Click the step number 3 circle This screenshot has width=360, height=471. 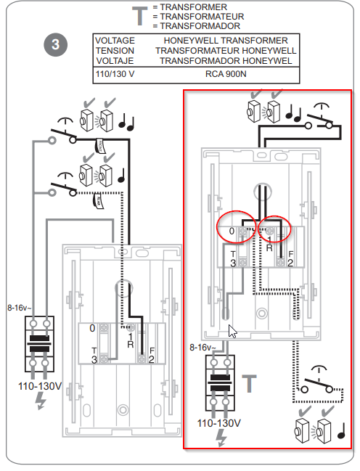[55, 45]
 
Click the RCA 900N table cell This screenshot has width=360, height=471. [226, 74]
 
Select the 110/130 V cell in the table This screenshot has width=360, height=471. [115, 74]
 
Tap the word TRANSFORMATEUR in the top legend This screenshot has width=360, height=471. [202, 17]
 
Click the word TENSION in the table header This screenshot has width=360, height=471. [115, 51]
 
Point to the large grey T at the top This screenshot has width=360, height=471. [140, 16]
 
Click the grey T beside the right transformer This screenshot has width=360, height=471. [250, 384]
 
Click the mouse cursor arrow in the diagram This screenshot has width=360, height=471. [232, 331]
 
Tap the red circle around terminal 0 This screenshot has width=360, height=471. [236, 226]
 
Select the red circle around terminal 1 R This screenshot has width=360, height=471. [274, 229]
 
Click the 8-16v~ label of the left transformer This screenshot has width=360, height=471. [19, 308]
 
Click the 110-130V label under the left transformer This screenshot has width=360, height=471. [40, 386]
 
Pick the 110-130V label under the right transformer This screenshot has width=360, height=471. [218, 423]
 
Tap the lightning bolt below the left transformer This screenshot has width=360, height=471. [40, 401]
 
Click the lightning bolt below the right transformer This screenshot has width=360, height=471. [221, 438]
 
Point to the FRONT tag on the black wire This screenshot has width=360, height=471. [99, 146]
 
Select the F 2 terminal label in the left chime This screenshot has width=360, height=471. [152, 355]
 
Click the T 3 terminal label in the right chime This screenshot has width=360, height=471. [233, 259]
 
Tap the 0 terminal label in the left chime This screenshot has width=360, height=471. [92, 328]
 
